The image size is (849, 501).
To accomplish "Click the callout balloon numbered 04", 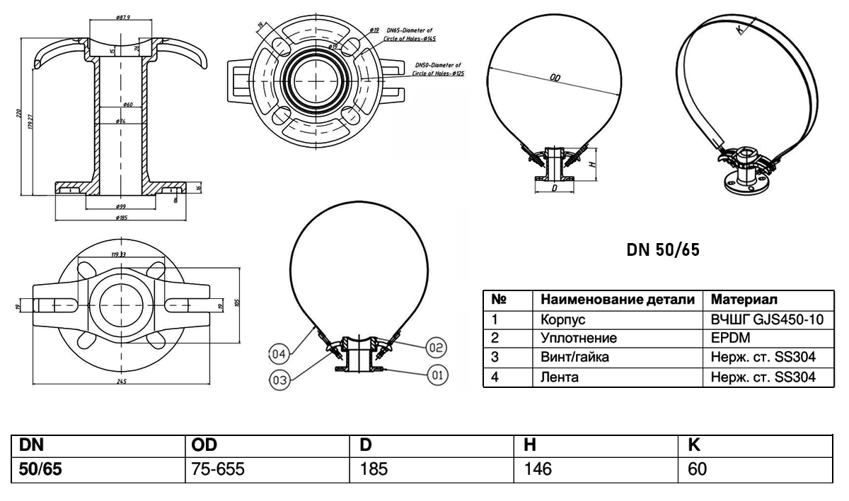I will (280, 353).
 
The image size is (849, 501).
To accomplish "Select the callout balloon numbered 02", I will (435, 346).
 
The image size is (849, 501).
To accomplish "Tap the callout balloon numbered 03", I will (280, 379).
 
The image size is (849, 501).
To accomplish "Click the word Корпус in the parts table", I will (562, 319).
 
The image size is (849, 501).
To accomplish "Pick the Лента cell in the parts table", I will (559, 377).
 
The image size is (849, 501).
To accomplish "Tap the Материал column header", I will (744, 299).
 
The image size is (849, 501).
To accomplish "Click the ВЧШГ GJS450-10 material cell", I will (767, 319).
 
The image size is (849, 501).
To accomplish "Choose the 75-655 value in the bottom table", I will (214, 468).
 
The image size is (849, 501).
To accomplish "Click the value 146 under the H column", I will (538, 468).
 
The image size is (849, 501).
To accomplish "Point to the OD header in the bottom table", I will (204, 444).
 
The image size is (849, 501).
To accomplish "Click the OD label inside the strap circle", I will (555, 78).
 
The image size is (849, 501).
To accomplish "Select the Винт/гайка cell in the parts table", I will (574, 358).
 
